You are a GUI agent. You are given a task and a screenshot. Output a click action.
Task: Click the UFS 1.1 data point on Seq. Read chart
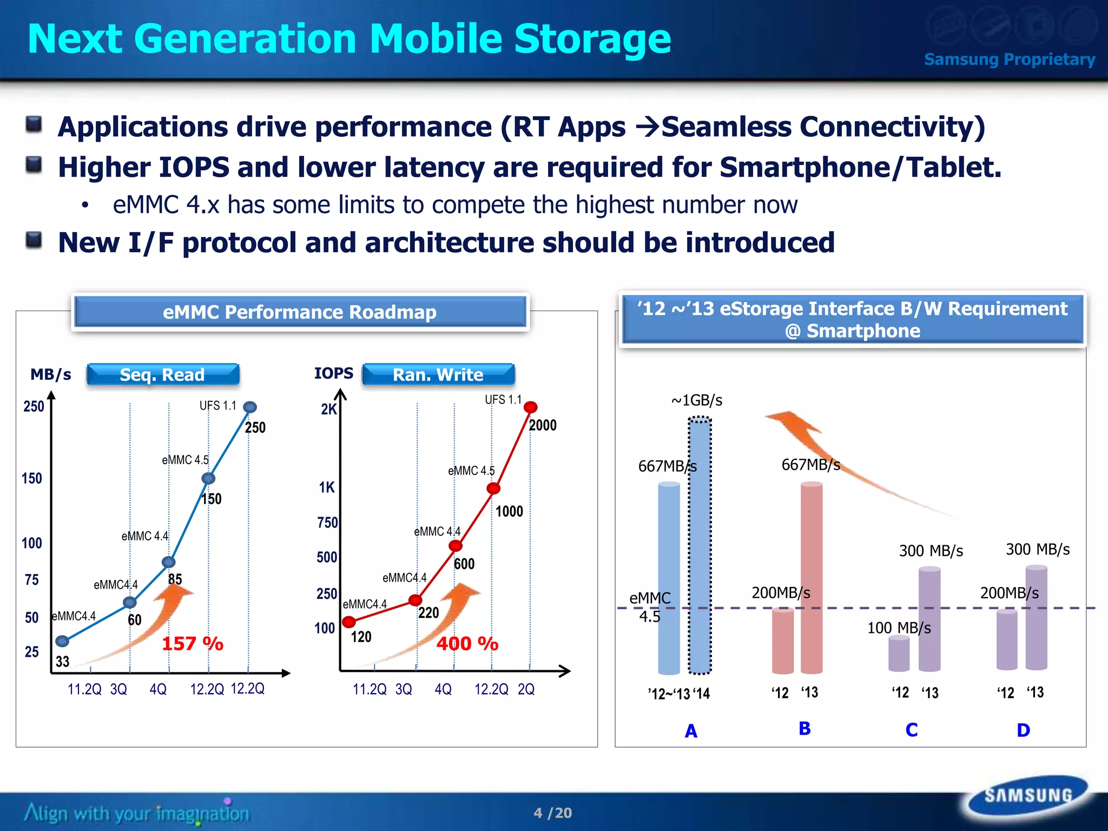click(249, 407)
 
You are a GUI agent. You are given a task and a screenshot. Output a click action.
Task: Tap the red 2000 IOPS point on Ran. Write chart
click(531, 407)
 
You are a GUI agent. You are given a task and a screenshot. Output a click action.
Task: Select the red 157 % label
click(193, 643)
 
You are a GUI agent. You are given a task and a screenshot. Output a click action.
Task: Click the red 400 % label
click(467, 643)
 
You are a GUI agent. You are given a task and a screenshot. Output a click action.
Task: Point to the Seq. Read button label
click(162, 374)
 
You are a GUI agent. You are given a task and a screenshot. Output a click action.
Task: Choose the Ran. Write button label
click(438, 374)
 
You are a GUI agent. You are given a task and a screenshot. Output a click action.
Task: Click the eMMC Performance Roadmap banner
click(300, 312)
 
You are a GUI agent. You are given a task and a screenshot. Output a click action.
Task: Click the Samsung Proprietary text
click(1010, 59)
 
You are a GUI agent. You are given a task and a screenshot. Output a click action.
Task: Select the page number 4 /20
click(552, 813)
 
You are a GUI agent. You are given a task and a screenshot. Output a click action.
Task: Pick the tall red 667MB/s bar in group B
click(812, 577)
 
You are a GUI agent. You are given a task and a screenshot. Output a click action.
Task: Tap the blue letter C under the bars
click(912, 730)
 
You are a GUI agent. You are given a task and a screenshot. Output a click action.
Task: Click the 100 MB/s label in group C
click(899, 628)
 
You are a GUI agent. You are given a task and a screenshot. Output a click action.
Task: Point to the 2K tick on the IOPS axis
click(328, 409)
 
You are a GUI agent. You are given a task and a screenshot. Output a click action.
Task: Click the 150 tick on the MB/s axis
click(32, 478)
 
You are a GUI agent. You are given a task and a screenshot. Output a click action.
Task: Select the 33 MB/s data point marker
click(62, 641)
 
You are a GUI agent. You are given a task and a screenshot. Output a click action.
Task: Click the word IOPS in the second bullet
click(194, 167)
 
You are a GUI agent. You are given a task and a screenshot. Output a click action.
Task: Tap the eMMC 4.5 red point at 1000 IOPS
click(493, 489)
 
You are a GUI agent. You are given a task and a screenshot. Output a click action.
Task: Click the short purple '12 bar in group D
click(1007, 639)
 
